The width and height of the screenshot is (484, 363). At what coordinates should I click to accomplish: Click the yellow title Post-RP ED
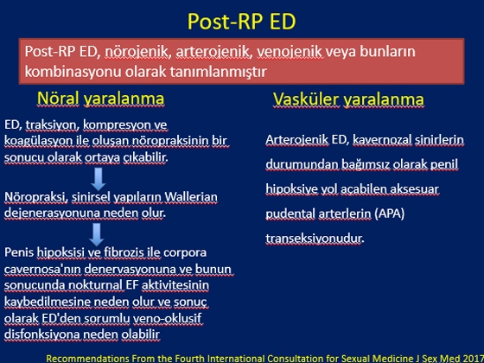[x=242, y=21]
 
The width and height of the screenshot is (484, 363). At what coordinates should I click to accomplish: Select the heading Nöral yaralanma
[x=100, y=99]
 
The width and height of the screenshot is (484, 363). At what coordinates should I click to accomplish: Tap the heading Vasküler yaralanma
[x=348, y=99]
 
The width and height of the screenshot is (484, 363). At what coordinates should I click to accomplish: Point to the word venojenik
[x=290, y=52]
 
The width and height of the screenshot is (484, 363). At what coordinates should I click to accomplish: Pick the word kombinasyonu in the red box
[x=73, y=72]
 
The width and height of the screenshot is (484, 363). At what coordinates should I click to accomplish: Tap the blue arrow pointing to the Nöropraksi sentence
[x=99, y=179]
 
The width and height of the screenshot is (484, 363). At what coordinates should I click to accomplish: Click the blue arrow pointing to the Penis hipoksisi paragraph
[x=97, y=234]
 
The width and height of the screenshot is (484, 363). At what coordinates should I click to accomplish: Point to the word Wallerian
[x=191, y=197]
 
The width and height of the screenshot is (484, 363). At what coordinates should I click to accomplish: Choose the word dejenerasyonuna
[x=47, y=213]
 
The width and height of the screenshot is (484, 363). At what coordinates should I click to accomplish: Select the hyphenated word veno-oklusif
[x=168, y=318]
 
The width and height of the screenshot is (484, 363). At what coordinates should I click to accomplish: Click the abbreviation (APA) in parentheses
[x=389, y=213]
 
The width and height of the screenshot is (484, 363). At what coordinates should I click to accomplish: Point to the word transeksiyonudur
[x=315, y=239]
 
